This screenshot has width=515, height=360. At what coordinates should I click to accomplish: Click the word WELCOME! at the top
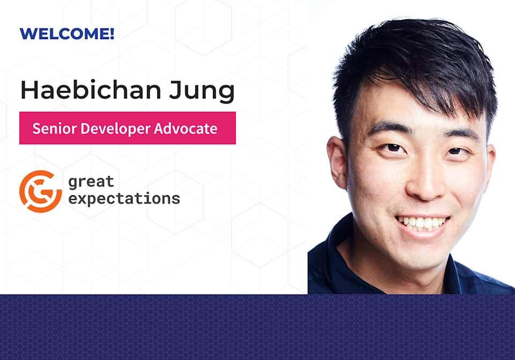(x=67, y=34)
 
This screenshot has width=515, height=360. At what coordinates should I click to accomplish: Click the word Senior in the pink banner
(x=52, y=129)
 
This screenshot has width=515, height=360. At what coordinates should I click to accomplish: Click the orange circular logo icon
(x=40, y=192)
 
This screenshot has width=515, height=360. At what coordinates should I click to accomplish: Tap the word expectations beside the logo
(x=124, y=199)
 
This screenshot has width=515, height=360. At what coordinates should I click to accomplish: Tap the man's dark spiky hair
(x=408, y=59)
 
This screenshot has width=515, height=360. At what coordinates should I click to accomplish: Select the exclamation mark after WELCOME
(x=111, y=34)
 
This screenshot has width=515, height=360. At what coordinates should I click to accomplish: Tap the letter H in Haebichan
(x=30, y=91)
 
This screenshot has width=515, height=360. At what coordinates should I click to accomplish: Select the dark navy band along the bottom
(x=257, y=327)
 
